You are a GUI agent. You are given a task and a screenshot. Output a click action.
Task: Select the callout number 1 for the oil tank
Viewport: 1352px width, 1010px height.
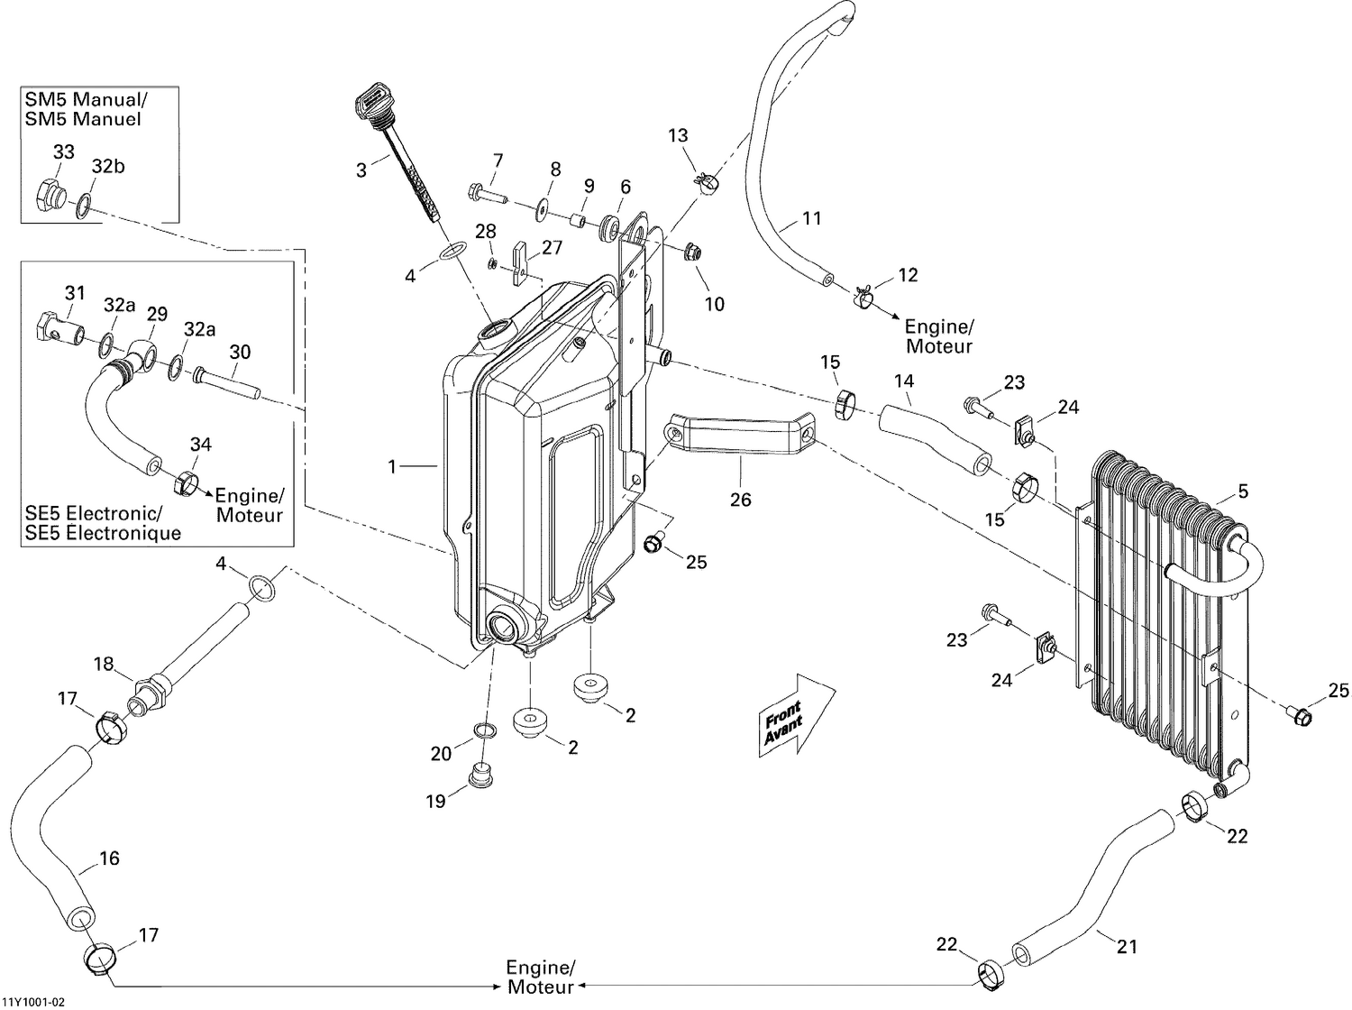392,466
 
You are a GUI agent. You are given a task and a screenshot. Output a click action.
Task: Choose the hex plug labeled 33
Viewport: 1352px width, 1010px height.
50,194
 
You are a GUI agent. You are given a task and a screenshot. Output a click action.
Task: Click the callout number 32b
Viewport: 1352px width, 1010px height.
106,167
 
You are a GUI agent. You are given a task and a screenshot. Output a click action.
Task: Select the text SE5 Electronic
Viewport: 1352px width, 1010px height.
94,513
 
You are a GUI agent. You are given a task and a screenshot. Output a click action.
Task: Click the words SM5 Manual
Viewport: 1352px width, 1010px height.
84,99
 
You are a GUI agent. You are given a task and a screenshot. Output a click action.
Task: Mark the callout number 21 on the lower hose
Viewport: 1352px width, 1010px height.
1127,946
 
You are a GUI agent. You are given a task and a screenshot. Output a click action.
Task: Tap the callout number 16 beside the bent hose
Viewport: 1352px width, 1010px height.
109,858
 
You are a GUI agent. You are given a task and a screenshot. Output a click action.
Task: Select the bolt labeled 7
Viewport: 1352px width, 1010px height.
486,192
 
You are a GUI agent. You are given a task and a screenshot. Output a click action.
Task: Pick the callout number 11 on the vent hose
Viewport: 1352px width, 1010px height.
811,217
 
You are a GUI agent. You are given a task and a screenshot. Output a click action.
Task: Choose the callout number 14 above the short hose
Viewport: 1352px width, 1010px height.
903,381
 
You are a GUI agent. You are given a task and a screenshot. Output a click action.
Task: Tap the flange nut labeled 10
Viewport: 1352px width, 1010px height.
692,252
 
